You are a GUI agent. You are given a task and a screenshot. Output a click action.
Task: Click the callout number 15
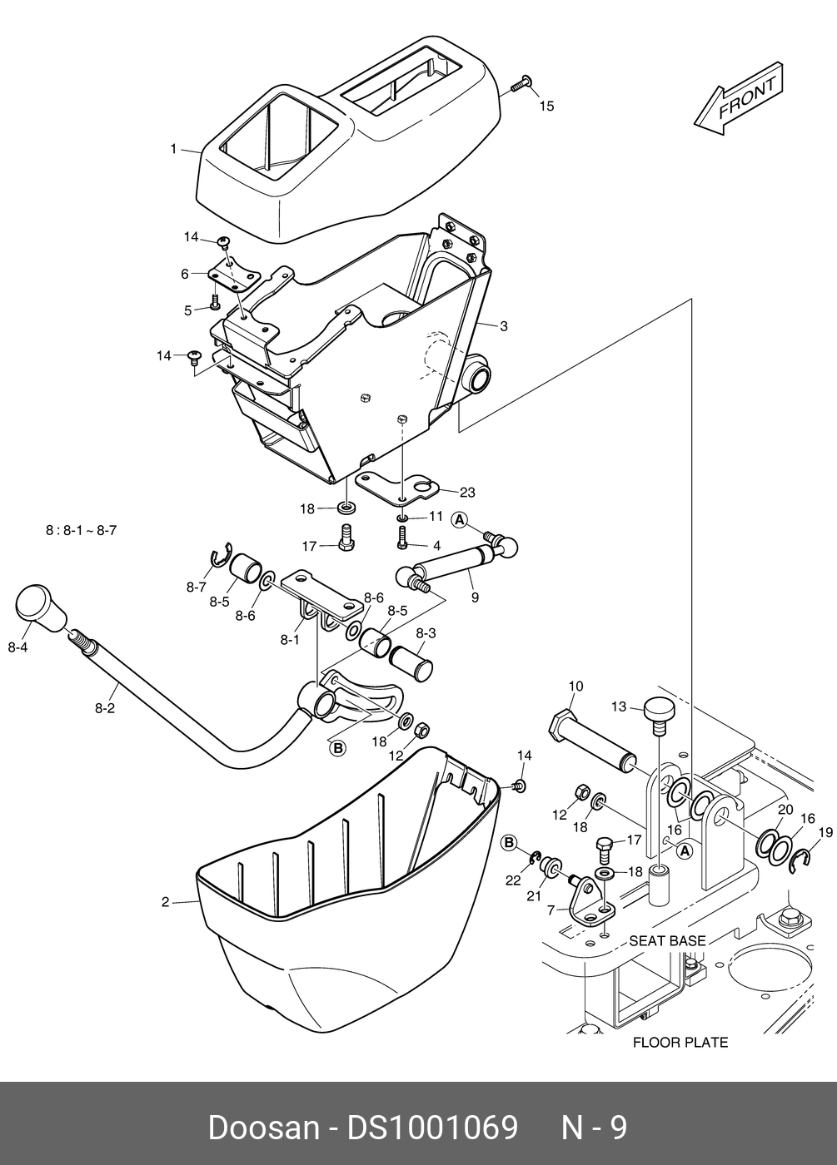(x=546, y=107)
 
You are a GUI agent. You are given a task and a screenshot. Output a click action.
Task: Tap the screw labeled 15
(x=521, y=84)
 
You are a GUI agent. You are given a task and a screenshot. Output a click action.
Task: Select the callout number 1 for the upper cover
(x=174, y=149)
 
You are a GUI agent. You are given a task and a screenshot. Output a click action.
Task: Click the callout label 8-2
(x=105, y=708)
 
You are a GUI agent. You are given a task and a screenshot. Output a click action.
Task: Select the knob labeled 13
(x=660, y=716)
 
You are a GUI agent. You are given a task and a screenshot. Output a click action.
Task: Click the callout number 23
(x=467, y=492)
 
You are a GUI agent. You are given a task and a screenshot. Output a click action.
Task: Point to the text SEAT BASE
(x=667, y=940)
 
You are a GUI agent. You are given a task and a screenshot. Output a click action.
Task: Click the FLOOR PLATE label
(x=680, y=1042)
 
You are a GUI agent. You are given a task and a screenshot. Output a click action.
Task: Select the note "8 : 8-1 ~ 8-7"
(x=81, y=531)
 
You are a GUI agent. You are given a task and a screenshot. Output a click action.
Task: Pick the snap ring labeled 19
(x=800, y=862)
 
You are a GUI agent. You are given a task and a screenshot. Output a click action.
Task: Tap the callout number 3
(x=503, y=326)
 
